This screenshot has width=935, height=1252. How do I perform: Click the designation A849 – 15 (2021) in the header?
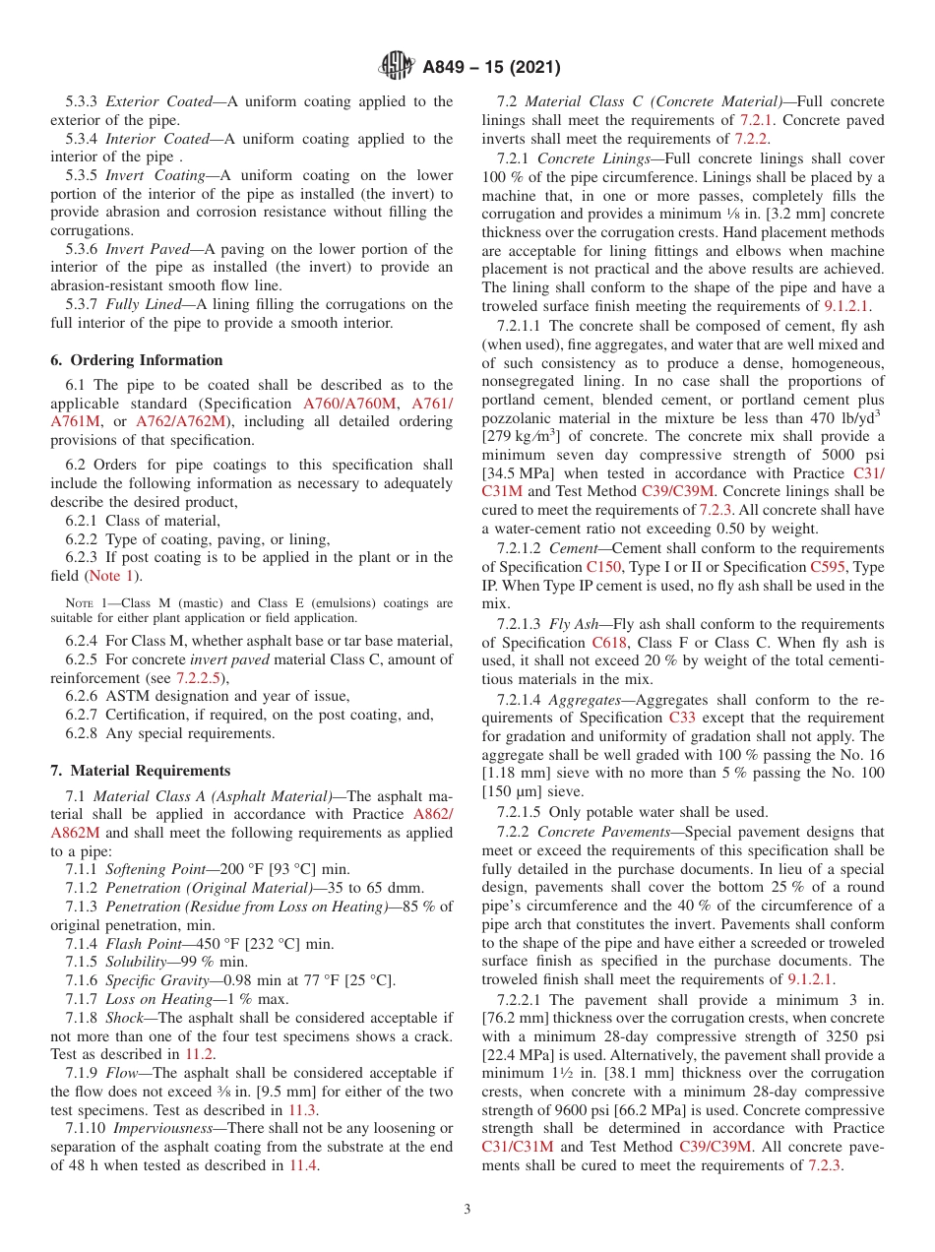(x=491, y=68)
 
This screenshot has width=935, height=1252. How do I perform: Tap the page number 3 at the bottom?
(x=467, y=1209)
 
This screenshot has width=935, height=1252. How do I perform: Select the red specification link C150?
(x=603, y=567)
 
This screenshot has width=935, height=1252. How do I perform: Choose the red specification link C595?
(x=829, y=567)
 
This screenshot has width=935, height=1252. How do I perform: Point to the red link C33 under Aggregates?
(x=682, y=718)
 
